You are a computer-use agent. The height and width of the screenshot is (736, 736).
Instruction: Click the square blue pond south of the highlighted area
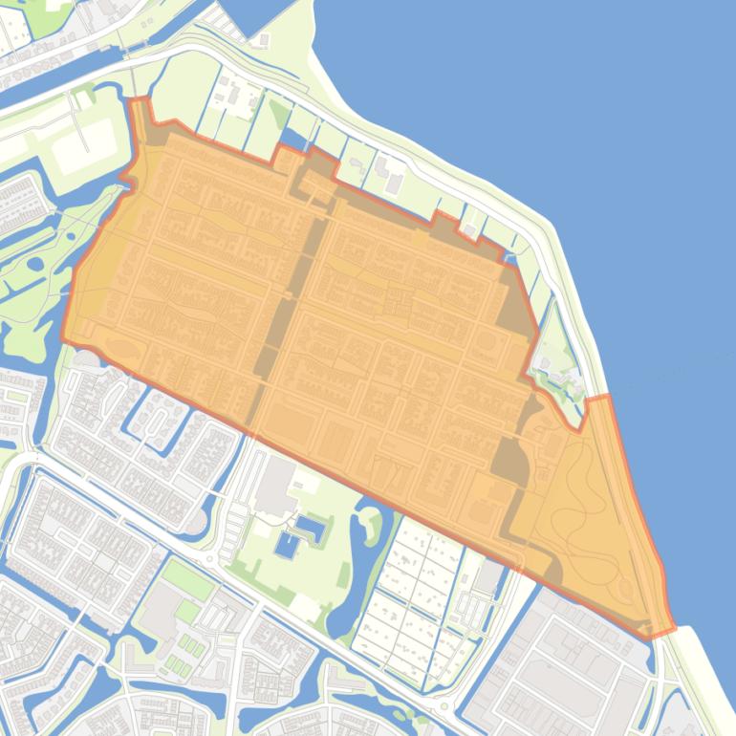pyautogui.click(x=285, y=546)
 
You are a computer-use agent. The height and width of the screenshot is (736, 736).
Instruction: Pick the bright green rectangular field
pyautogui.click(x=185, y=578)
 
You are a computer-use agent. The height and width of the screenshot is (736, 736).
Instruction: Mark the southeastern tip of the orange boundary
pyautogui.click(x=669, y=629)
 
